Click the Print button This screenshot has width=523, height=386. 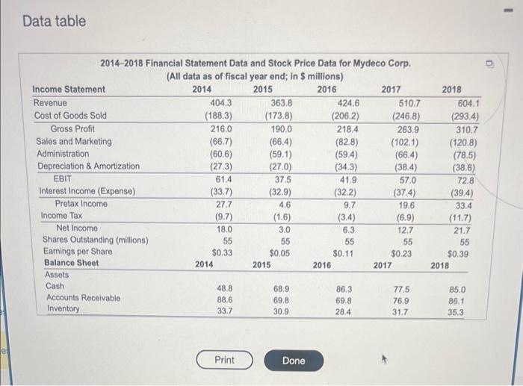pyautogui.click(x=224, y=361)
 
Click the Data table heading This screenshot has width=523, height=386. pyautogui.click(x=54, y=21)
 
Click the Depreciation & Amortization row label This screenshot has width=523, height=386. pyautogui.click(x=88, y=166)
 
